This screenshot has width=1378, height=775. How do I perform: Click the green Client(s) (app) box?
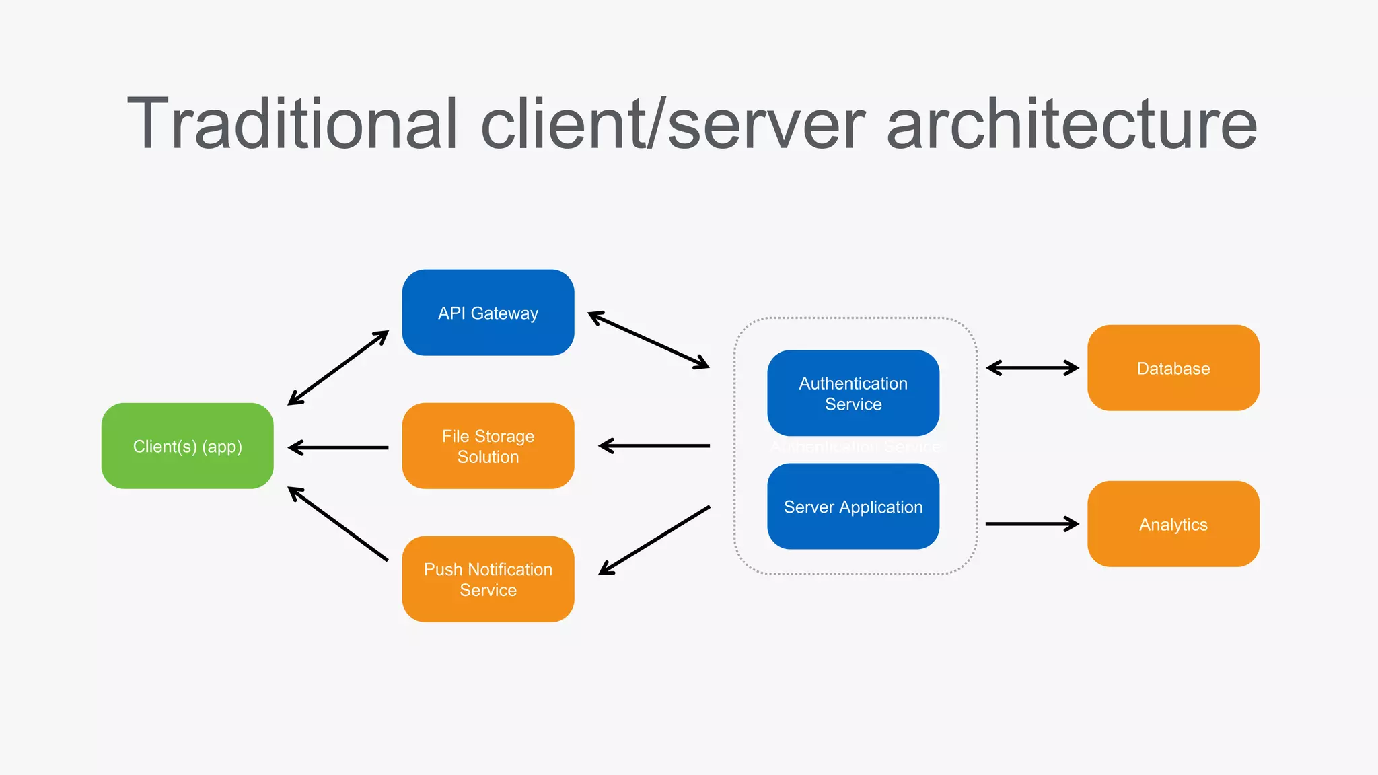(x=187, y=446)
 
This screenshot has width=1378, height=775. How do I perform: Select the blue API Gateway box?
(x=488, y=313)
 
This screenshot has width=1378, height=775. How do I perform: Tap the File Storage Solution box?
(x=488, y=446)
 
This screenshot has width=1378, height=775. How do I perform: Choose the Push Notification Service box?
(x=488, y=579)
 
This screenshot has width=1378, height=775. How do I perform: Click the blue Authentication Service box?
(x=853, y=394)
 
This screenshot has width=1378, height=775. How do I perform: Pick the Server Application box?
(x=853, y=507)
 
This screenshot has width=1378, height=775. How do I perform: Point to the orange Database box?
(x=1173, y=368)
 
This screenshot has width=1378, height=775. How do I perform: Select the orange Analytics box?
(x=1173, y=524)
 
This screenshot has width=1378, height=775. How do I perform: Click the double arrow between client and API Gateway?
(x=338, y=368)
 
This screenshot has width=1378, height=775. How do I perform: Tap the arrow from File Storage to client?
(x=338, y=447)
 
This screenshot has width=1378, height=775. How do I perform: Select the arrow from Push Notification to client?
(x=338, y=523)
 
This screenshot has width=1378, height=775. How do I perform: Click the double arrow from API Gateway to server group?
(x=649, y=340)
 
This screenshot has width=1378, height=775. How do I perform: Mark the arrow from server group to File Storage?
(x=654, y=445)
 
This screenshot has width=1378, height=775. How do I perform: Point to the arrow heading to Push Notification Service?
(x=654, y=540)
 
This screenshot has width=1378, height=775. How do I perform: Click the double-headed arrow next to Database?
(x=1032, y=368)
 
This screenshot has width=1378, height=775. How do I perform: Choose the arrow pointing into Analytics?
(x=1032, y=523)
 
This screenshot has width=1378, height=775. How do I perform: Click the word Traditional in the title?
(x=293, y=124)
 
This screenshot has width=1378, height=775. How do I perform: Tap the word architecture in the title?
(x=1071, y=124)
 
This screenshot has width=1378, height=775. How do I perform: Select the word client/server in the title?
(x=673, y=124)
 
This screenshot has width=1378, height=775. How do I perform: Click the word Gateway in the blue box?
(x=505, y=313)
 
